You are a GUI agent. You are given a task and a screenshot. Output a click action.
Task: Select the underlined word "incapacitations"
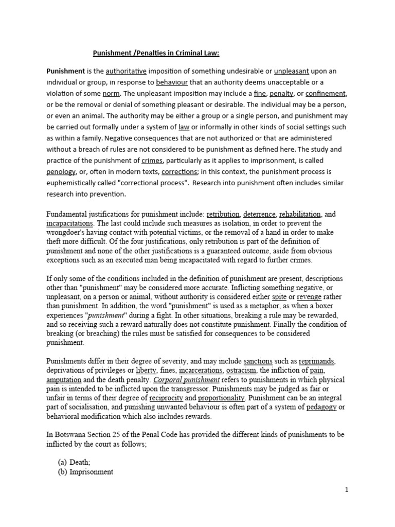70,224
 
